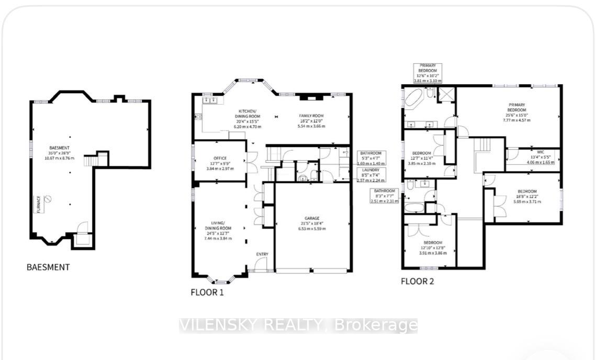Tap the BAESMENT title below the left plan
48,267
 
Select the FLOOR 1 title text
207,292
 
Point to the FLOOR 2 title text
417,282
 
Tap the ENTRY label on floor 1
262,254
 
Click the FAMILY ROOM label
312,116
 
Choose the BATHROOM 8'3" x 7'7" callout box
385,196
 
